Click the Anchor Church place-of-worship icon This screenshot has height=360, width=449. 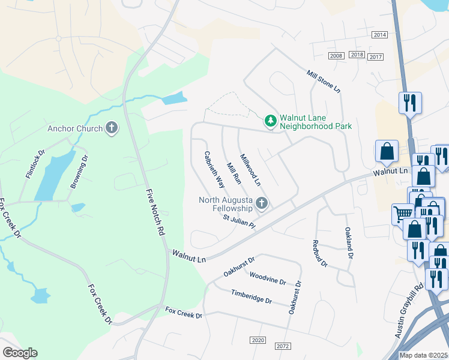110,127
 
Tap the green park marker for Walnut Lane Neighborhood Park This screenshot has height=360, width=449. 271,121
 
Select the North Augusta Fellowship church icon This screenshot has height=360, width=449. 261,203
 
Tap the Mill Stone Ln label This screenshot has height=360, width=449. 324,81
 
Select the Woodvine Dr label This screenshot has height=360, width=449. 268,280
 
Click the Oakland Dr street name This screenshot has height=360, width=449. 349,242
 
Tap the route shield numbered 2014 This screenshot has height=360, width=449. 379,35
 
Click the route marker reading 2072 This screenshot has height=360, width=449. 283,347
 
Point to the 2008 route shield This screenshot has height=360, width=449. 336,55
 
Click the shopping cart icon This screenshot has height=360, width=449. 402,214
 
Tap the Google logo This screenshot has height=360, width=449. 20,353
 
